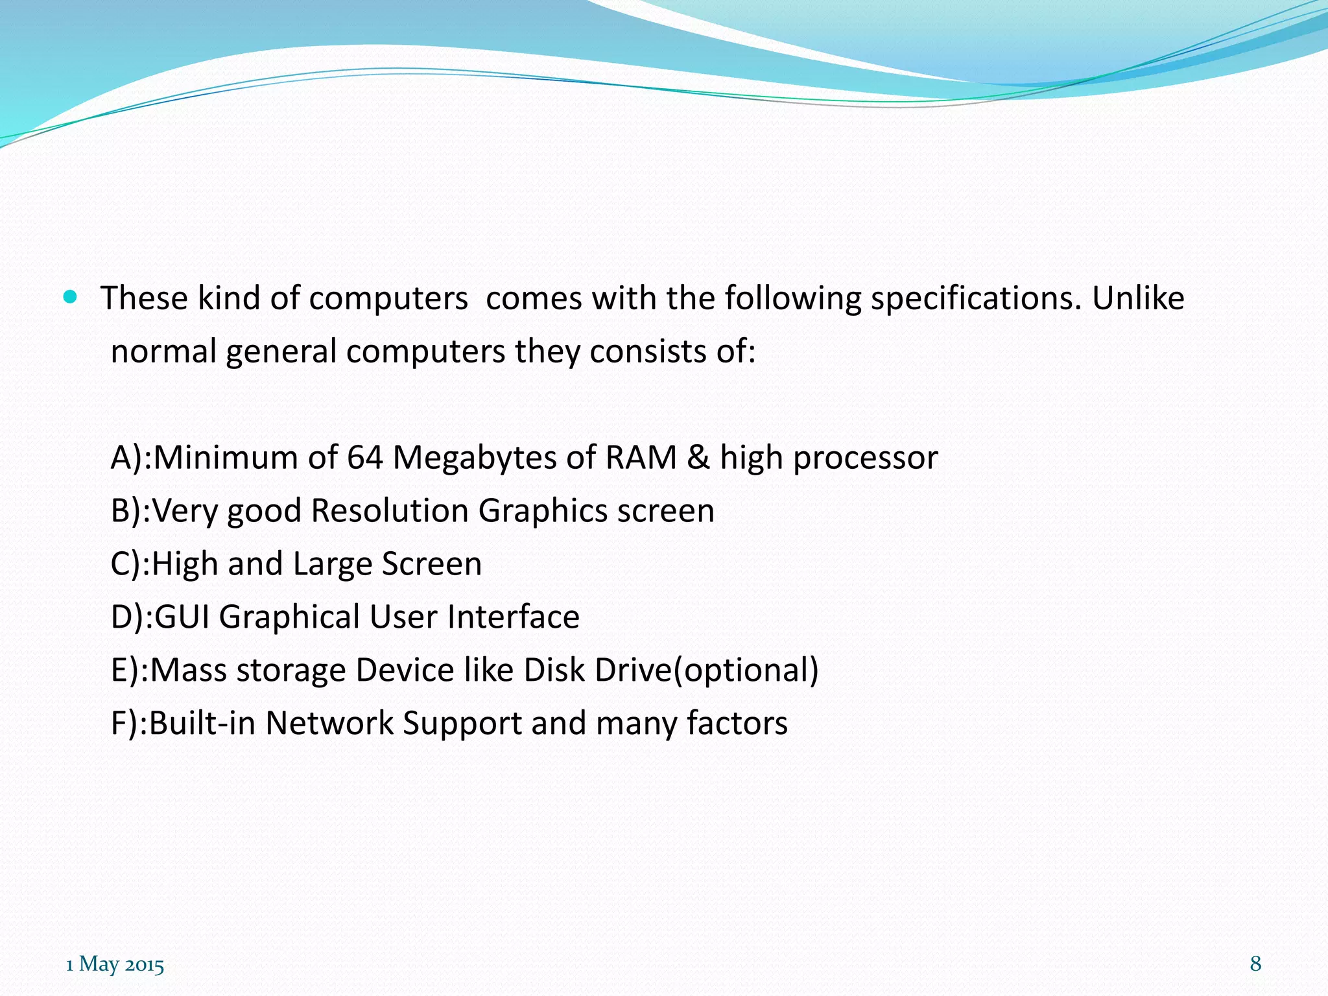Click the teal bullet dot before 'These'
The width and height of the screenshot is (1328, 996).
[71, 298]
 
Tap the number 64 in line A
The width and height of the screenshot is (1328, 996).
[364, 457]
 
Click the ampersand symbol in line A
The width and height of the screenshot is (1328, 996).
[698, 457]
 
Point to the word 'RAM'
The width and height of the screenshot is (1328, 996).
[641, 457]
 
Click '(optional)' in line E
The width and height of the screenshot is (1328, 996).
[746, 670]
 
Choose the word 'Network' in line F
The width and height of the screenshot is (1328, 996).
[329, 723]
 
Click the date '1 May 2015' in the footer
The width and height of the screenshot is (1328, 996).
[115, 964]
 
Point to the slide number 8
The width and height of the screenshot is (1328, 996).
[1255, 964]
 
